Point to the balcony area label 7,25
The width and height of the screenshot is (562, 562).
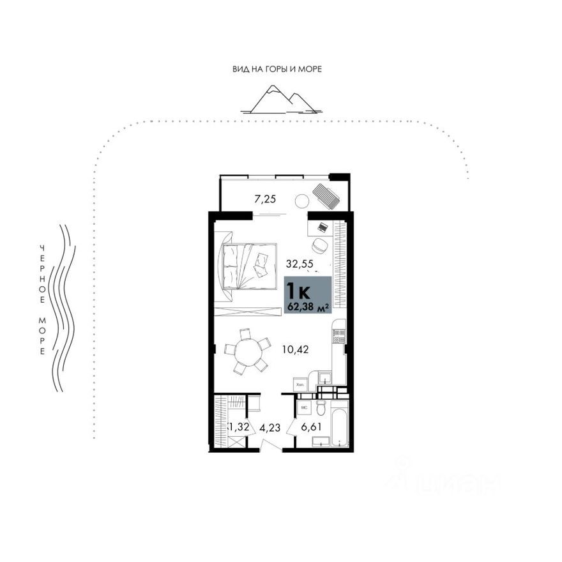pos(265,199)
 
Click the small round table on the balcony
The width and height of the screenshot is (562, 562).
pos(301,201)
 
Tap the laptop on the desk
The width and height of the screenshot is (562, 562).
pos(323,226)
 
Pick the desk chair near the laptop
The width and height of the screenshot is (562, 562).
pos(319,245)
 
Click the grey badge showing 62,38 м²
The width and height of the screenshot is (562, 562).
pos(308,296)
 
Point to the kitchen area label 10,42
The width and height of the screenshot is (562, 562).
pos(294,349)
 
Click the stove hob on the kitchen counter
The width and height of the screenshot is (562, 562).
pos(338,336)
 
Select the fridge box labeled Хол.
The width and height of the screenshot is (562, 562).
pos(300,384)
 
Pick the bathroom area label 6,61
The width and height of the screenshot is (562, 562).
pos(311,427)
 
